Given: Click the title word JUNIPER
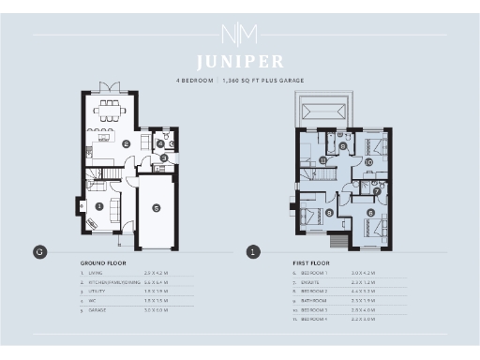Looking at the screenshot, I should pos(240,63).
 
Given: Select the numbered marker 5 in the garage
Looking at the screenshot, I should pos(157,208).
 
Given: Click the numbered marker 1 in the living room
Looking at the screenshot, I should pos(98,205).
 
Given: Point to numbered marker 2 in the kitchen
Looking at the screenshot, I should pos(126,143).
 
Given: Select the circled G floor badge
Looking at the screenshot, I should pos(39,251).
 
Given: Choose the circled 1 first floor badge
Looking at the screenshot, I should pos(252,251).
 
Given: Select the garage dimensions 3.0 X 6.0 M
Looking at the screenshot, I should pos(156,309).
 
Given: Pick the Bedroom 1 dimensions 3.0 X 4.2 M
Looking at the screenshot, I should pos(363,272).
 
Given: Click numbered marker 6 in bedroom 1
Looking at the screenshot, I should pos(371,213).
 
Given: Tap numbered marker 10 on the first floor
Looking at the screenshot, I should pos(368,162).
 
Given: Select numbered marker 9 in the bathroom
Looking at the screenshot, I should pos(343,146).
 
